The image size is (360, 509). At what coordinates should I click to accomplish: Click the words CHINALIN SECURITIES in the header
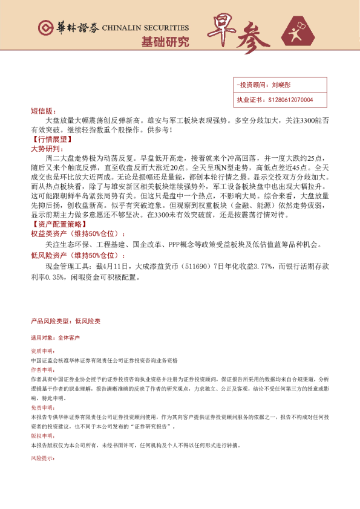(x=146, y=28)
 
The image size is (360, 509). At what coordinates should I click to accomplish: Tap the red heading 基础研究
(x=165, y=42)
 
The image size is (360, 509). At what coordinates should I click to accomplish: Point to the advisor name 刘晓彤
(x=282, y=86)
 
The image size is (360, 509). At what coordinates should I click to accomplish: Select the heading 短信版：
(x=42, y=111)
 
